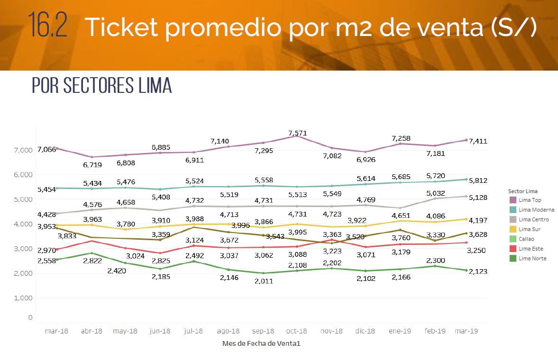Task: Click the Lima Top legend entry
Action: pos(530,200)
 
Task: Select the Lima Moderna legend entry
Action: pos(536,210)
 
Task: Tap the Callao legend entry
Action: pos(526,239)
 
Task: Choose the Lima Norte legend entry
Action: pos(532,258)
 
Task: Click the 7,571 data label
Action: pos(297,133)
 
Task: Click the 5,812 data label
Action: pos(478,180)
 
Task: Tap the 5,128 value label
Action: pos(478,197)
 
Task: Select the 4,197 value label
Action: pos(478,220)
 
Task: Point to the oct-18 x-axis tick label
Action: pos(297,331)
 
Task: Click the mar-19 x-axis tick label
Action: pos(467,331)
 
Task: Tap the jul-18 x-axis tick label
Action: pos(193,331)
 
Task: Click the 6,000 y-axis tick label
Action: pos(23,175)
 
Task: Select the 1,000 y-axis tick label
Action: pos(23,298)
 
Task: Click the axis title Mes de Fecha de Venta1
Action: pos(261,343)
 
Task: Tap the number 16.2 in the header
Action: pos(47,27)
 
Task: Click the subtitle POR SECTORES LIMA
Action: pos(101,86)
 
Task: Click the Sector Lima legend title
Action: pos(522,191)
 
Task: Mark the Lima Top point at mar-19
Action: pos(467,140)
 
